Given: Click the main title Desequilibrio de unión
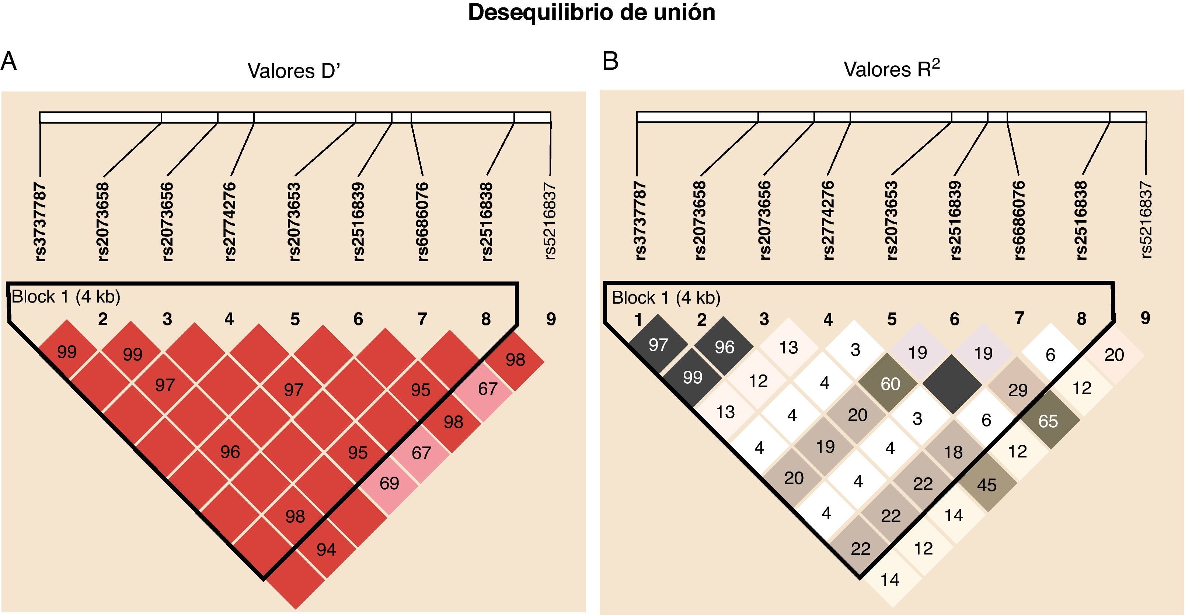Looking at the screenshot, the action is pyautogui.click(x=592, y=13).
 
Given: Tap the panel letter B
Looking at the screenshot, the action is pyautogui.click(x=610, y=61).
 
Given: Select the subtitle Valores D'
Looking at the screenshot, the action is pyautogui.click(x=293, y=71).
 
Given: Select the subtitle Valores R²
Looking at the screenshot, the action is pyautogui.click(x=892, y=69).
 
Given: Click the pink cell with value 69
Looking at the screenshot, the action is pyautogui.click(x=389, y=483).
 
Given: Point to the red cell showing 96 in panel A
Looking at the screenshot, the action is pyautogui.click(x=230, y=452).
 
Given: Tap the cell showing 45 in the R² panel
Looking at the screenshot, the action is pyautogui.click(x=986, y=485).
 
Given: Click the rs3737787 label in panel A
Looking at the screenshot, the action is pyautogui.click(x=41, y=222).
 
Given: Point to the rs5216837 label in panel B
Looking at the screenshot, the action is pyautogui.click(x=1146, y=220).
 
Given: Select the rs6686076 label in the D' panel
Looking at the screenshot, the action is pyautogui.click(x=422, y=222).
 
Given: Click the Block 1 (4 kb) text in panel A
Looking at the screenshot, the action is pyautogui.click(x=66, y=297).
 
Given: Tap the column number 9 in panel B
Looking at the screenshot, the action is pyautogui.click(x=1145, y=318).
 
